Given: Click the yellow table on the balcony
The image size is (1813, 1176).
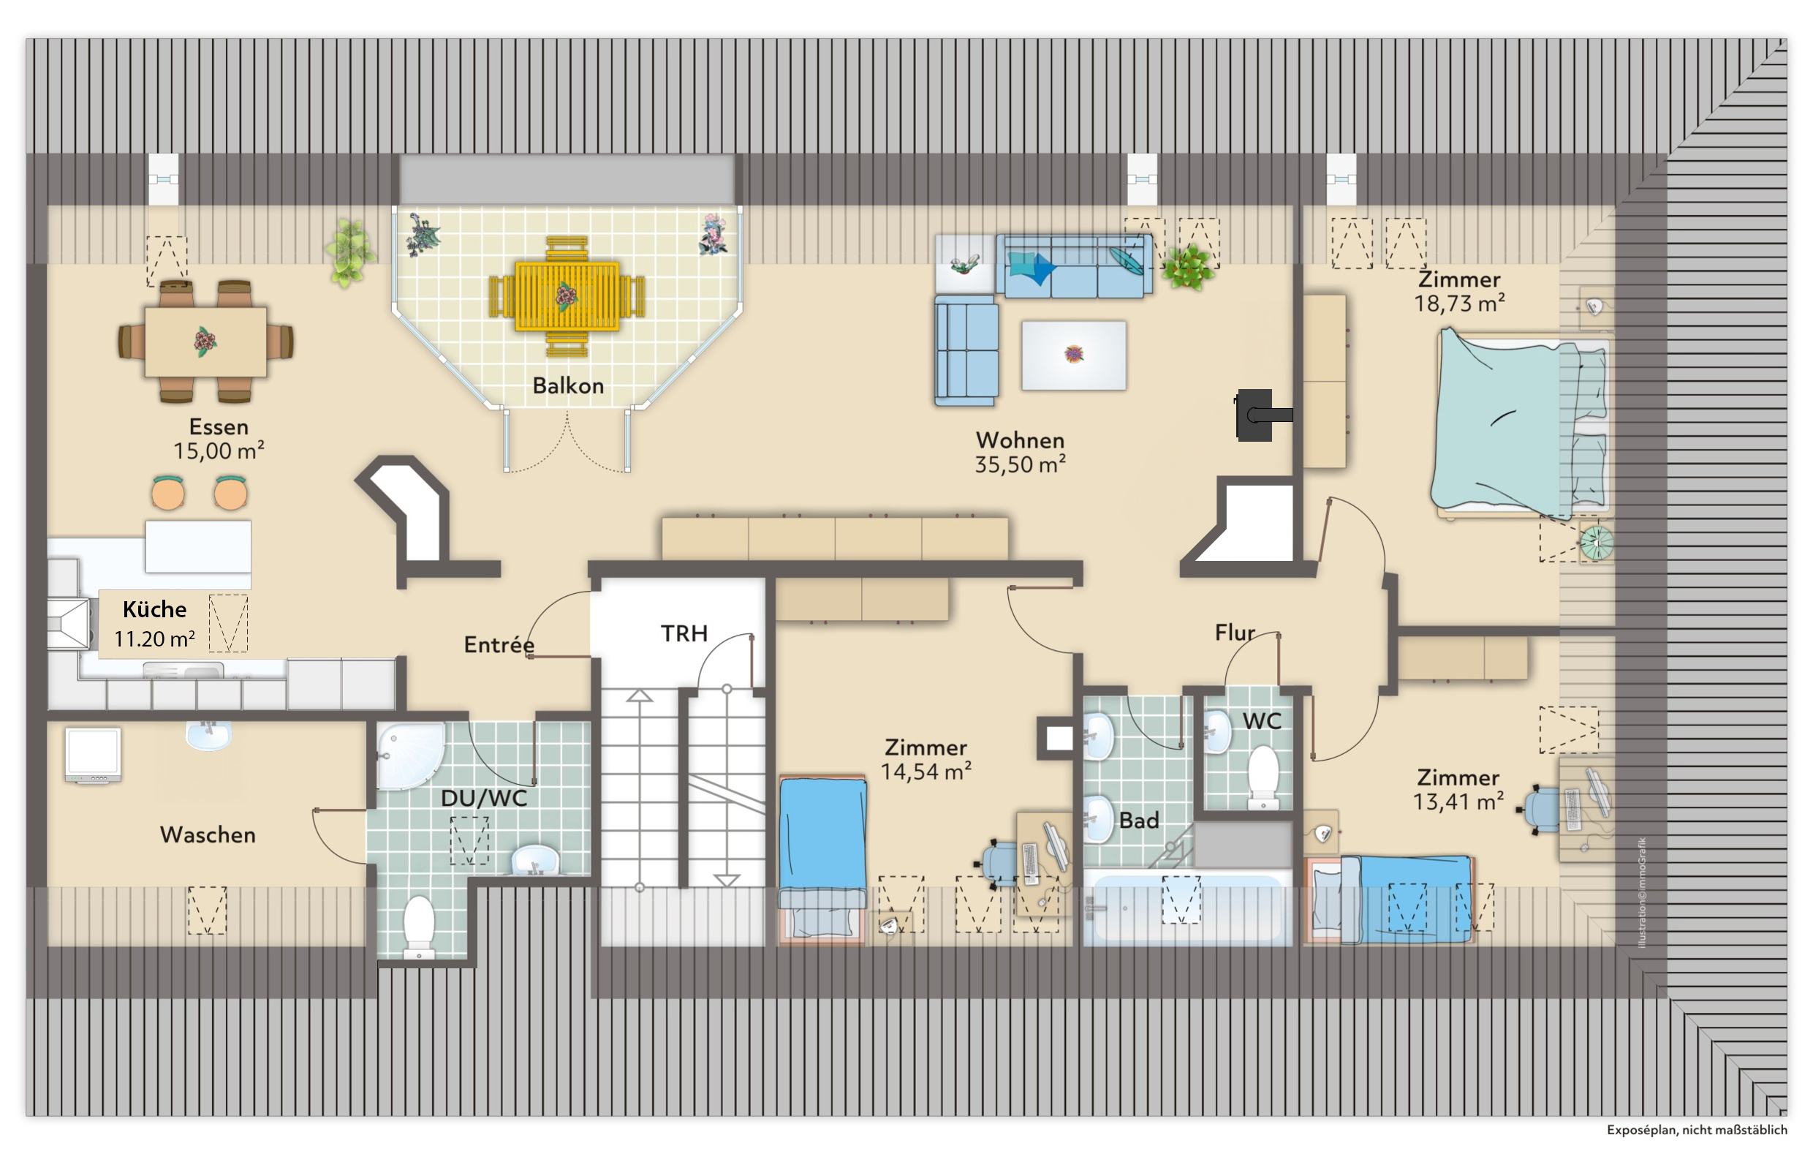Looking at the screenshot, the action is click(567, 295).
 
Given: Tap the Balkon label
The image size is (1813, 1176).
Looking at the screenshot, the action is click(568, 385).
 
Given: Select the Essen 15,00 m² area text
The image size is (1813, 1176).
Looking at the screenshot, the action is click(219, 439).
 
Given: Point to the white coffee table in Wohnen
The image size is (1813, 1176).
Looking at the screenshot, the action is click(1073, 355).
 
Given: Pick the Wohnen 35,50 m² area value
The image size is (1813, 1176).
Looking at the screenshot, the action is click(1020, 464).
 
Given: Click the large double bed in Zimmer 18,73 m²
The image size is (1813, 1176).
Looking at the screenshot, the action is click(1521, 423).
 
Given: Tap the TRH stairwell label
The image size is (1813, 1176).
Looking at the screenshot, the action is click(684, 633).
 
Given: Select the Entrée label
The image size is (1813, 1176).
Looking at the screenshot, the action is click(499, 645).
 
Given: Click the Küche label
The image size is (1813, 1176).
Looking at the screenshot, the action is click(155, 609).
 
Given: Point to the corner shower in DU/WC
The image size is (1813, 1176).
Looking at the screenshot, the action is click(410, 755).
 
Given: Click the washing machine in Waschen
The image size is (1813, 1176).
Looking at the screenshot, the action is click(93, 755).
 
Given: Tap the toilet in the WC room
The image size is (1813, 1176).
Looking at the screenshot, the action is click(1263, 777).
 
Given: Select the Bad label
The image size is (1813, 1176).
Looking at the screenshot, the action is click(1139, 821).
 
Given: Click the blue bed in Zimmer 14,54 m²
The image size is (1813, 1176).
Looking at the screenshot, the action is click(822, 859).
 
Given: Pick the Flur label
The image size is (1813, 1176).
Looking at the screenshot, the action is click(1235, 633).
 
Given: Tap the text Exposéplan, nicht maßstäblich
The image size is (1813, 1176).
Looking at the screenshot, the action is click(1697, 1129).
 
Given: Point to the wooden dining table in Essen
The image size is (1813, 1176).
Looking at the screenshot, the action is click(205, 342).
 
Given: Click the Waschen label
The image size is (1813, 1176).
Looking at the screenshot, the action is click(208, 834).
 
